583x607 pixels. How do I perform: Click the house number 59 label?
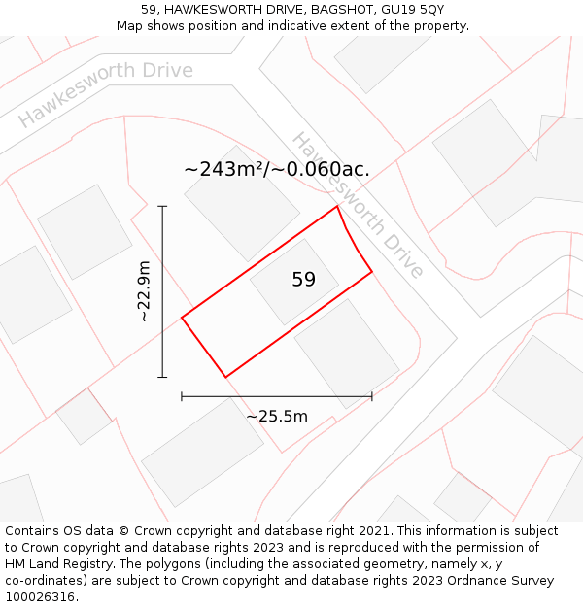(303, 280)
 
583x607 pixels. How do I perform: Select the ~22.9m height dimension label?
(144, 291)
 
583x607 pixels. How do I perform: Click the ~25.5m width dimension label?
(277, 417)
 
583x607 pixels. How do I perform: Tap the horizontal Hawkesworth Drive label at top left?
(105, 95)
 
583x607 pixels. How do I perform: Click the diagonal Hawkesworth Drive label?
(358, 205)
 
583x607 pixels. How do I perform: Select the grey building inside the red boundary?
(294, 283)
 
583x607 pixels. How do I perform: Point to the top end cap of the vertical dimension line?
(162, 206)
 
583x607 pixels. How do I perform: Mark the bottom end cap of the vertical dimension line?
(162, 377)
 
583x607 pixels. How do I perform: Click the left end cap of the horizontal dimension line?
(182, 396)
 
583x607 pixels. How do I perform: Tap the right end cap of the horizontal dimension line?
(372, 396)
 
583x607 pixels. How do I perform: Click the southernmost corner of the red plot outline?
(225, 377)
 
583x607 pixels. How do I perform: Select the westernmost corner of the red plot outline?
(182, 317)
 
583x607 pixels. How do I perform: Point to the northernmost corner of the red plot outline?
(337, 206)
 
